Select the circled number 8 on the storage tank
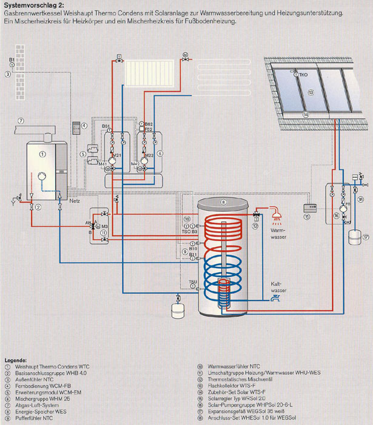[x=223, y=202]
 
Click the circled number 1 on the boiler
[x=42, y=154]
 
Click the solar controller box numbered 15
[x=307, y=208]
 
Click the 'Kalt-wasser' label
[x=278, y=286]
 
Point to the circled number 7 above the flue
[x=20, y=121]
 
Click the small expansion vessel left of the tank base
[x=177, y=309]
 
